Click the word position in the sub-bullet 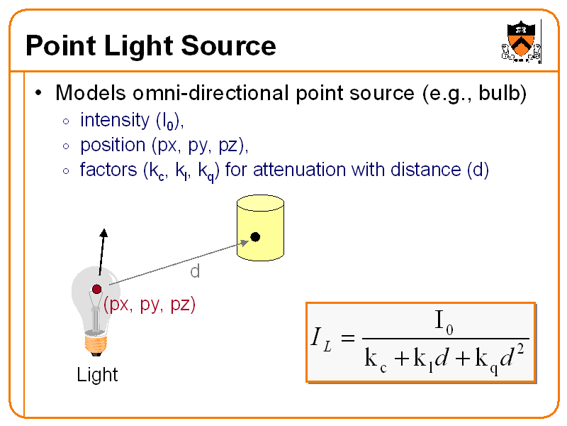coord(112,146)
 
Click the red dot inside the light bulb coord(96,289)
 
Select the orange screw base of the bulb coord(96,344)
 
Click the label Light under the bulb coord(97,374)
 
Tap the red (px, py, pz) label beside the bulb coord(149,305)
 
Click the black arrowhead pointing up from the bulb coord(105,235)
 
